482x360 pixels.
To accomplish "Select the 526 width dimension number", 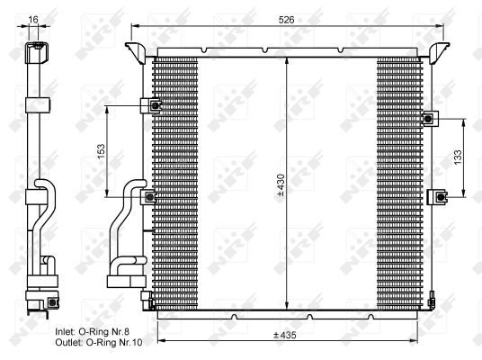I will [x=286, y=18].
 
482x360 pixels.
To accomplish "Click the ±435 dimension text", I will [x=286, y=335].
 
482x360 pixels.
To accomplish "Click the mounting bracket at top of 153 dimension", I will [x=154, y=105].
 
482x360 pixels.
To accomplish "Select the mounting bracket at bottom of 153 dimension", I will [x=152, y=197].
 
